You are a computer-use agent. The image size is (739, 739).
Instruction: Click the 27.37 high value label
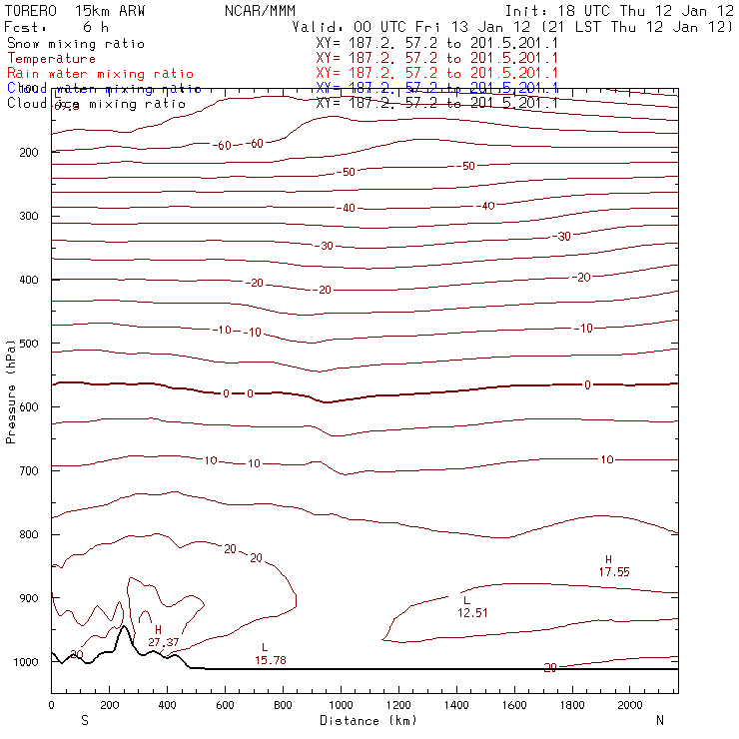[x=165, y=642]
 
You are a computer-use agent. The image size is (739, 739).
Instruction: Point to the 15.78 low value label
[x=271, y=660]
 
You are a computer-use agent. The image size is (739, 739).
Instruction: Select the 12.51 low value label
[x=472, y=612]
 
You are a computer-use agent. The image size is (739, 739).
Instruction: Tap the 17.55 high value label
[x=614, y=571]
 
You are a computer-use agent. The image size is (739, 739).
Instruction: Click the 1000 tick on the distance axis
[x=341, y=705]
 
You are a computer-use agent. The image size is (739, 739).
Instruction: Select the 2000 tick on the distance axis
[x=630, y=705]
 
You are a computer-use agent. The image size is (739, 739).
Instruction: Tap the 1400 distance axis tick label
[x=456, y=705]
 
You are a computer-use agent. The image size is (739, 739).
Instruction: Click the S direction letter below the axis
[x=84, y=720]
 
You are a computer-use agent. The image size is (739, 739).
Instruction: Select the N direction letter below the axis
[x=659, y=720]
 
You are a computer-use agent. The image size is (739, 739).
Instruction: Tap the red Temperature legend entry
[x=51, y=59]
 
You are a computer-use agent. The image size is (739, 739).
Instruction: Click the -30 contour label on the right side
[x=564, y=237]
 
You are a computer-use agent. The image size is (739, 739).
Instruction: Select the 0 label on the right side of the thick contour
[x=587, y=384]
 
